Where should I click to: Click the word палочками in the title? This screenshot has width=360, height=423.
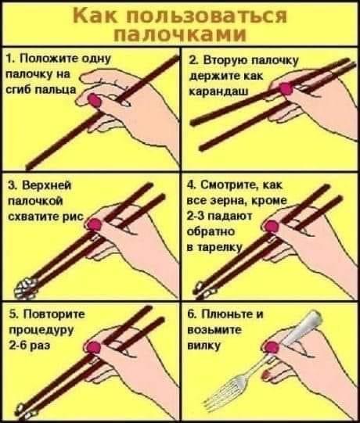[x=180, y=34]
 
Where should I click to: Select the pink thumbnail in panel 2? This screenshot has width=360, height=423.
[x=286, y=89]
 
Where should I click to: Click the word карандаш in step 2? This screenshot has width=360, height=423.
[x=218, y=91]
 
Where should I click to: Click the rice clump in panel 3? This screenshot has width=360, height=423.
[x=26, y=289]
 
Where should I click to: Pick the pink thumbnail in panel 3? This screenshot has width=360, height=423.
[x=94, y=224]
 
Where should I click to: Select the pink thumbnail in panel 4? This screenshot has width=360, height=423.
[x=272, y=226]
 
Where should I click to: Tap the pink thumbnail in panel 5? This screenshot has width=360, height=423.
[x=92, y=347]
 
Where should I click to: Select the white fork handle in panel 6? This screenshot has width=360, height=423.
[x=303, y=328]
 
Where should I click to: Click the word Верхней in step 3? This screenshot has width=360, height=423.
[x=47, y=185]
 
